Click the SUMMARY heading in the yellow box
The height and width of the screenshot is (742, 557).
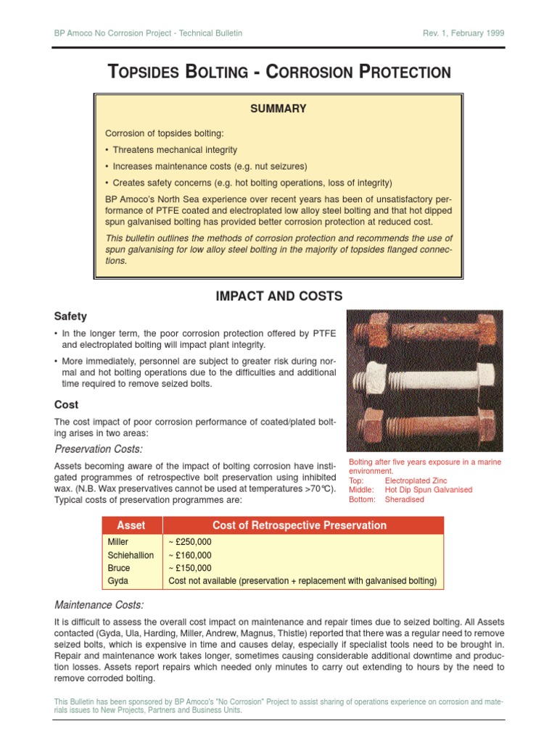[278, 109]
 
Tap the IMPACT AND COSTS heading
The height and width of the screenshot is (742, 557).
[278, 296]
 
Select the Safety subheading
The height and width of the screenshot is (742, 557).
[70, 316]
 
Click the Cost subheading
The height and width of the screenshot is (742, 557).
[66, 404]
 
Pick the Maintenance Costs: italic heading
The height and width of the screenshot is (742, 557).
[99, 604]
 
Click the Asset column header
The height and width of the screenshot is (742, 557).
[131, 525]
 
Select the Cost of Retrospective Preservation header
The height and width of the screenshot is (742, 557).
[300, 525]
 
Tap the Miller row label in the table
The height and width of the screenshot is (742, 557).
[117, 542]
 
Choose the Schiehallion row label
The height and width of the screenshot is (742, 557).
[131, 555]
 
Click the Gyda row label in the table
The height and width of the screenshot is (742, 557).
[117, 581]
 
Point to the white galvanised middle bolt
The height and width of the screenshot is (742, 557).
[424, 379]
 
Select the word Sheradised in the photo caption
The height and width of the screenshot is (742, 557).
[405, 499]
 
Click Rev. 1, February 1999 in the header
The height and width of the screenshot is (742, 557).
[463, 33]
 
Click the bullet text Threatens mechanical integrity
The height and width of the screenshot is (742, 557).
[175, 150]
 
